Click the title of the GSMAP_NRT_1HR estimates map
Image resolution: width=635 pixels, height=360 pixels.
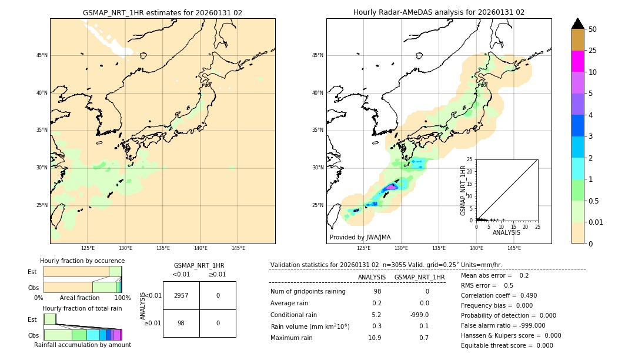click(x=162, y=12)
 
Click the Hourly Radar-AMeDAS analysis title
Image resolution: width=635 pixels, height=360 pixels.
click(x=439, y=12)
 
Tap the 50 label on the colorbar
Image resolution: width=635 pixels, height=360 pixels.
click(x=593, y=29)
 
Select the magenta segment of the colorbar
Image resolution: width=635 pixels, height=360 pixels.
click(x=577, y=61)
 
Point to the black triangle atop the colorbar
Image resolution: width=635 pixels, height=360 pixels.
click(x=577, y=24)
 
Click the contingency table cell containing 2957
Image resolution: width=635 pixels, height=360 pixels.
click(x=181, y=295)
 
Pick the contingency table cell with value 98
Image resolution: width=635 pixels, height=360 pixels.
click(x=181, y=323)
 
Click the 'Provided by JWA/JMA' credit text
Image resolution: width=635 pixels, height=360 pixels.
click(x=360, y=237)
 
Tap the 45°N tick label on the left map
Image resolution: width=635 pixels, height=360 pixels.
click(x=42, y=55)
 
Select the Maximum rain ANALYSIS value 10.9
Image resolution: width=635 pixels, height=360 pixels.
click(x=375, y=338)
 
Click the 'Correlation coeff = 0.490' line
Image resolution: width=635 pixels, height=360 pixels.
click(x=499, y=295)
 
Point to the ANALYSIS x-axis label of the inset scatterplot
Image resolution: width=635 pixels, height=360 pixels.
click(x=506, y=232)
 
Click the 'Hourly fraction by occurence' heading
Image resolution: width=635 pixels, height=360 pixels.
click(x=82, y=261)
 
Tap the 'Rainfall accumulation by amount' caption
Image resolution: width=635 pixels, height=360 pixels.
click(x=82, y=345)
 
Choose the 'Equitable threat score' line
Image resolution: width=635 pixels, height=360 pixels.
click(x=507, y=345)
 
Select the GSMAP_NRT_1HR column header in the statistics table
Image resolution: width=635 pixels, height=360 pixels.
click(x=419, y=277)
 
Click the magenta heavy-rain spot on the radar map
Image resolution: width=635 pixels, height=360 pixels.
click(x=390, y=186)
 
